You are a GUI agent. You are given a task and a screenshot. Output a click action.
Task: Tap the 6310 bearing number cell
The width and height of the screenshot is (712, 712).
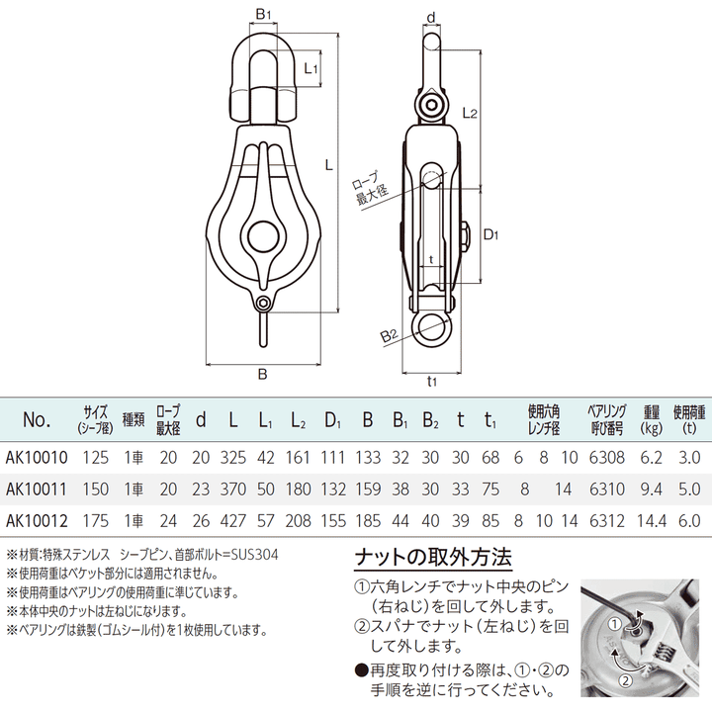tap(604, 489)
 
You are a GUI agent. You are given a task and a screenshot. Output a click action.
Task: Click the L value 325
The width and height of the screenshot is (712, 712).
tap(233, 458)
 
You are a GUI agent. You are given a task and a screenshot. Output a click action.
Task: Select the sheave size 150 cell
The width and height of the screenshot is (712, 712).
tap(96, 489)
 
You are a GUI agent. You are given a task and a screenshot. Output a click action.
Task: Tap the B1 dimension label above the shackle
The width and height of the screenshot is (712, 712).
tap(262, 14)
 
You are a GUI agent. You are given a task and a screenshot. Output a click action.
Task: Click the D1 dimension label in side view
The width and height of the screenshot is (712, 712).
tap(491, 234)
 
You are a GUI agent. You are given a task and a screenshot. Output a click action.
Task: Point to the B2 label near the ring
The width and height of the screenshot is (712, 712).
tap(390, 336)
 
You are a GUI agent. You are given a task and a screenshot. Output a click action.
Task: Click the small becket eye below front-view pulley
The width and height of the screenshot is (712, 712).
tap(263, 305)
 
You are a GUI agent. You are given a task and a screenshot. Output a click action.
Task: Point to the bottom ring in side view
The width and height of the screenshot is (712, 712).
tap(432, 328)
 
